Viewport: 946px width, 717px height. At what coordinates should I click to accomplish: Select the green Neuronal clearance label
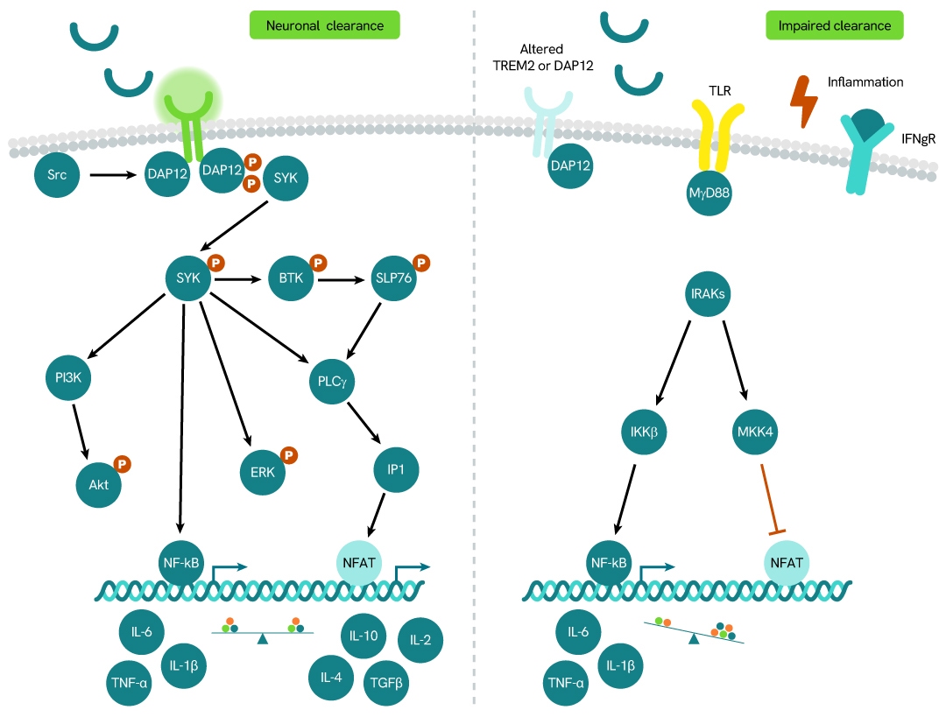point(326,25)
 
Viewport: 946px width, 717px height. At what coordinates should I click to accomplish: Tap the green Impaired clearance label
point(834,25)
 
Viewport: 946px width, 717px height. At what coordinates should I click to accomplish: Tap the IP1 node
point(394,471)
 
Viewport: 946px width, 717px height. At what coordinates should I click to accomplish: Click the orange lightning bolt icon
point(804,100)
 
